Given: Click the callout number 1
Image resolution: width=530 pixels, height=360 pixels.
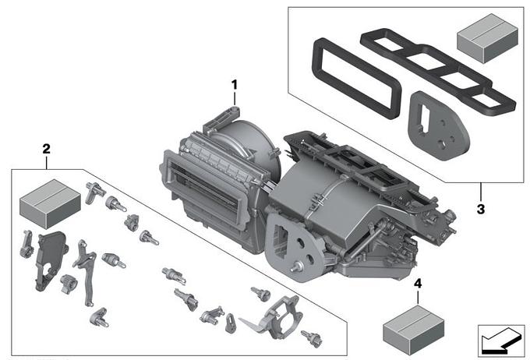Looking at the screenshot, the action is click(x=235, y=85).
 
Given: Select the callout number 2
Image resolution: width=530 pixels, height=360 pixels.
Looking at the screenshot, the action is click(x=46, y=149).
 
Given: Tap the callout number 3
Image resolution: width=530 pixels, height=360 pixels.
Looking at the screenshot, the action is click(x=481, y=209).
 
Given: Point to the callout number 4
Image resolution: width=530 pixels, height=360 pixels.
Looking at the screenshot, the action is click(x=418, y=284).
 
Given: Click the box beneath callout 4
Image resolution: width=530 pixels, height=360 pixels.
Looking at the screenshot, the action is click(x=413, y=330).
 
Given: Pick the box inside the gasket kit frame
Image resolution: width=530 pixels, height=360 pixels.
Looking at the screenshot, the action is click(x=487, y=38).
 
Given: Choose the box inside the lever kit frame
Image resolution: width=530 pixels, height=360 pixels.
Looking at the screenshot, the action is click(x=50, y=204).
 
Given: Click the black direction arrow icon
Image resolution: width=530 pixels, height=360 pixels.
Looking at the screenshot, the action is click(x=500, y=341).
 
